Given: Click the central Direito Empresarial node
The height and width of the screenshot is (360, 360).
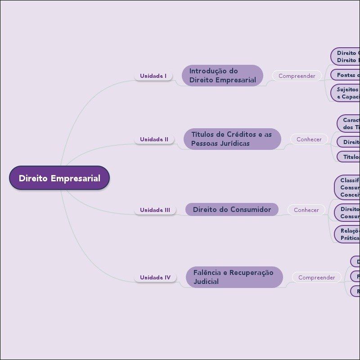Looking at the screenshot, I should coord(59,178).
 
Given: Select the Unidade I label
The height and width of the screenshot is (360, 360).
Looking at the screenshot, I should coord(153,76).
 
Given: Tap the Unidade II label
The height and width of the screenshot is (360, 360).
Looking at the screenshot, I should coord(154,139).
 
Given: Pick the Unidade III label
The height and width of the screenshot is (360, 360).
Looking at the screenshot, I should coord(155,210).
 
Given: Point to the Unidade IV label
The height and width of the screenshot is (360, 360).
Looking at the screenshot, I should coord(155,278).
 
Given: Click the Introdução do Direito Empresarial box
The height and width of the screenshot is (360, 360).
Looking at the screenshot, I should coord(222,76).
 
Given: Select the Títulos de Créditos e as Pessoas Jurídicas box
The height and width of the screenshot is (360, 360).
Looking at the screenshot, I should coord(232,139).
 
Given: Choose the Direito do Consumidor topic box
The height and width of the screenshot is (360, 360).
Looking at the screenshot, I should coord(232,210).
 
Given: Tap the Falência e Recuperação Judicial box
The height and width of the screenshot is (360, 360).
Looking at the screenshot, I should coord(234,277).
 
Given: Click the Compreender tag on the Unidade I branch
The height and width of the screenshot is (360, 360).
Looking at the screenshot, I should coord(297,76).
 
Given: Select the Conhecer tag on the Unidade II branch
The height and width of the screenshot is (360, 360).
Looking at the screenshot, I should coord(309,139).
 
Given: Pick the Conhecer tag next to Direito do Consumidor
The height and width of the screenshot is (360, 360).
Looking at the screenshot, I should coord(306,210).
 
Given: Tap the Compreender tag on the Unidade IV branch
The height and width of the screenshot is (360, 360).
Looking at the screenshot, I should coord(317,278).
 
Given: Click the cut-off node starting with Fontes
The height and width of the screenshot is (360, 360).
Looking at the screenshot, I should coord(346,75).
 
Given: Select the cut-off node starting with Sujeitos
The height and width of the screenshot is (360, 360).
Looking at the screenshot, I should coord(346,93).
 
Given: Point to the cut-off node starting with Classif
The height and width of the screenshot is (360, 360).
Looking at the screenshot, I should coord(348,187).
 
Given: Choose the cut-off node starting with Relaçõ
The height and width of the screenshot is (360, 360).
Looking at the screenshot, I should coord(348,234).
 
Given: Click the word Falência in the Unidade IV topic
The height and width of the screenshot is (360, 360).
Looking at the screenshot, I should coord(207,273).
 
